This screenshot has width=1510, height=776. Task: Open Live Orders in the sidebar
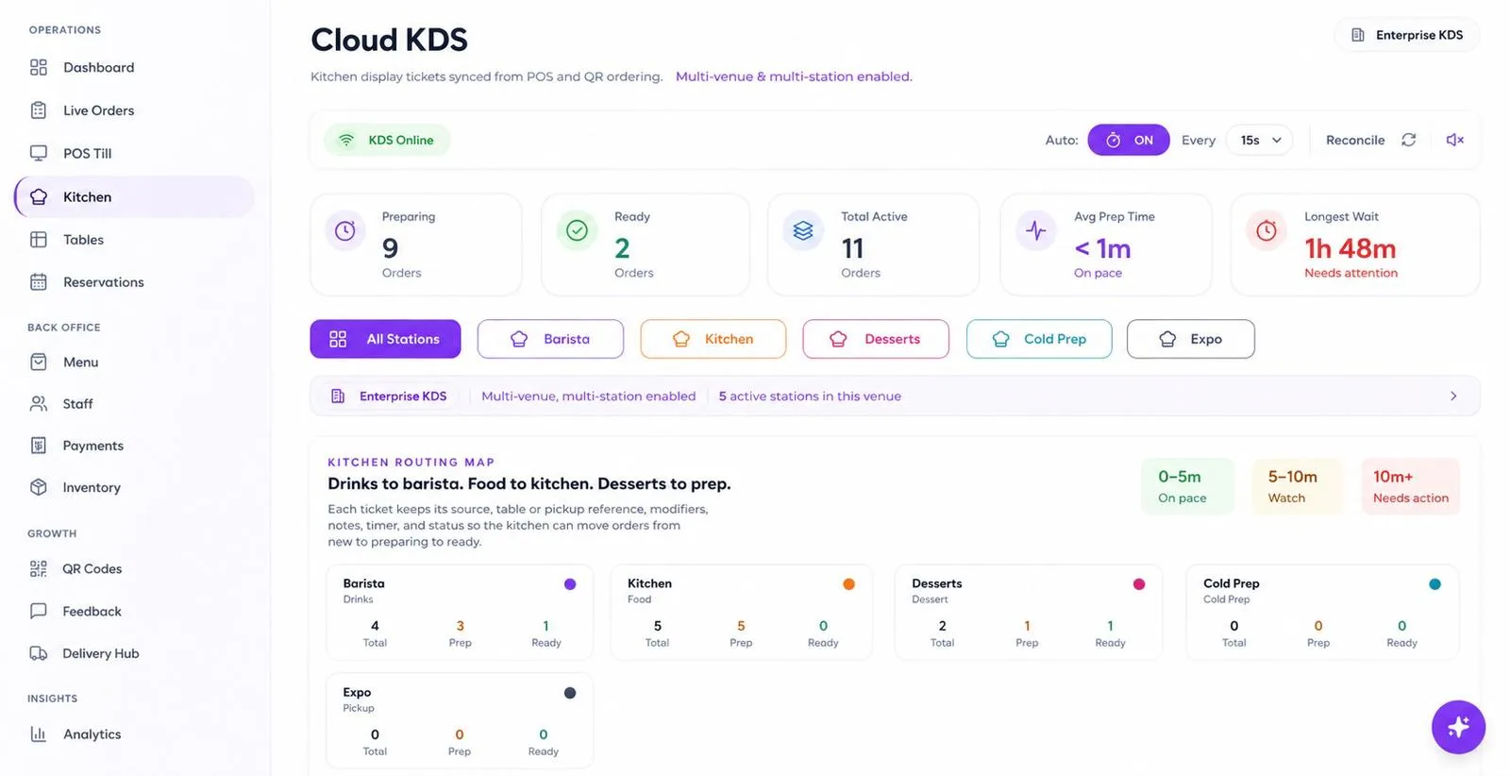coord(81,110)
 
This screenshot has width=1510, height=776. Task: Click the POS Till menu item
coord(71,153)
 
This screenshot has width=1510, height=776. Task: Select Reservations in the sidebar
coord(87,282)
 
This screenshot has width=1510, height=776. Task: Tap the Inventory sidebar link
coord(75,487)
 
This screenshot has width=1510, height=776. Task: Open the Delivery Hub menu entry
coord(84,652)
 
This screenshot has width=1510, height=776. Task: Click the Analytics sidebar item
coord(75,734)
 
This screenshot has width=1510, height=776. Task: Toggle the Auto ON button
coord(1129,140)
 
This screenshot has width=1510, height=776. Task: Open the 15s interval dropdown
coord(1259,140)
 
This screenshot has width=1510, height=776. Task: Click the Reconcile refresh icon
coord(1408,140)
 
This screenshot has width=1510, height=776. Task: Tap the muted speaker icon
coord(1454,140)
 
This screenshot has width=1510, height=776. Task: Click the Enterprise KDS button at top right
coord(1407,35)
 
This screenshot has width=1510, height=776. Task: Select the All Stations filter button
coord(385,339)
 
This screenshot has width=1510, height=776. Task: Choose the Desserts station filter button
coord(876,339)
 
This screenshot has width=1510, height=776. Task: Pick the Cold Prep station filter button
coord(1039,339)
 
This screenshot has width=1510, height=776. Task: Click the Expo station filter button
coord(1190,339)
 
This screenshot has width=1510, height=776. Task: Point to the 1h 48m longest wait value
coord(1350,248)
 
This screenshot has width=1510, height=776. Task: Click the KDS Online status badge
coord(387,140)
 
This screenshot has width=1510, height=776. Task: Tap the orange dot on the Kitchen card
coord(848,583)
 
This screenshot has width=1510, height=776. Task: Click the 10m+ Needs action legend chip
coord(1410,486)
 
